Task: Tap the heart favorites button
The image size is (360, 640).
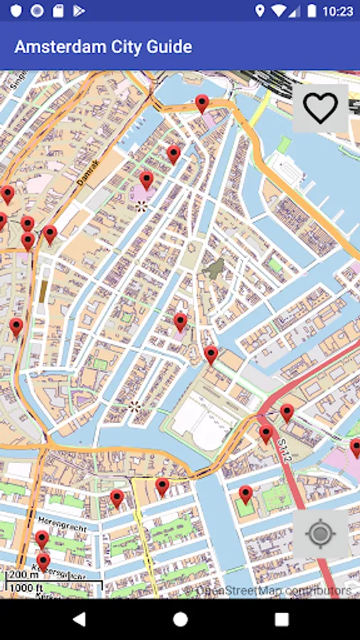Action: click(320, 108)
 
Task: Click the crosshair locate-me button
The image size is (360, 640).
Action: click(320, 533)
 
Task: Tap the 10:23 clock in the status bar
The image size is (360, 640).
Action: click(337, 11)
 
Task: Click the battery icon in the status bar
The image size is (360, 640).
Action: click(311, 11)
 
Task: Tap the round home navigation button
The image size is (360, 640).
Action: click(180, 619)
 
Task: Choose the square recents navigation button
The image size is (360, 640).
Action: click(282, 619)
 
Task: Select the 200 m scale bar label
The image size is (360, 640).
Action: click(23, 575)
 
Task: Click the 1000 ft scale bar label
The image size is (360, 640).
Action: click(26, 588)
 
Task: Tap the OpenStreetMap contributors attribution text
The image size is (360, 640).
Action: click(274, 590)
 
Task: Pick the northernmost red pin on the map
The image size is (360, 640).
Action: click(202, 103)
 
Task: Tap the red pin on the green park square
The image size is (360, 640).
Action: click(245, 494)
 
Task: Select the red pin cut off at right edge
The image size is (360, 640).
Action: click(355, 448)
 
